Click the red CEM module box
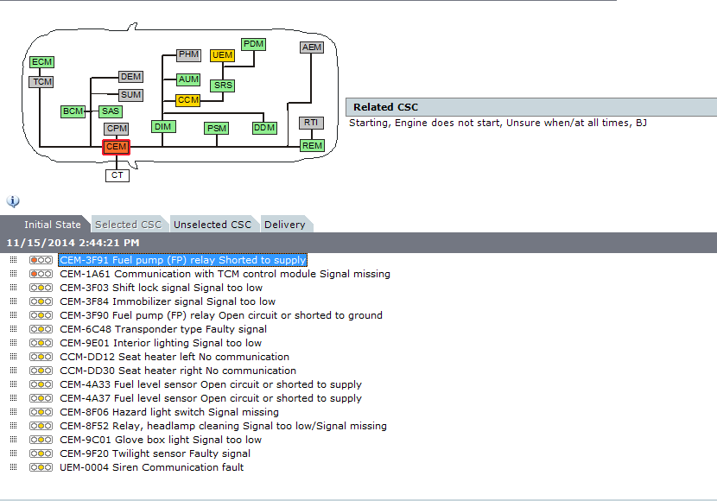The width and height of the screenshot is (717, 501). pyautogui.click(x=116, y=147)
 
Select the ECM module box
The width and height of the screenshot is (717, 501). pyautogui.click(x=41, y=62)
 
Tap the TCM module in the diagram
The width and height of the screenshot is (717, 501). pyautogui.click(x=41, y=82)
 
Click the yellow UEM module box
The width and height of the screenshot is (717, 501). pyautogui.click(x=223, y=55)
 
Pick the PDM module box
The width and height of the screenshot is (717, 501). pyautogui.click(x=254, y=44)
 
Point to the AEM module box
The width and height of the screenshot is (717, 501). pyautogui.click(x=311, y=48)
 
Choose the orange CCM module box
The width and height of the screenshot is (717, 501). pyautogui.click(x=188, y=100)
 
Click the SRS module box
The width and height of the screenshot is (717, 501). pyautogui.click(x=223, y=86)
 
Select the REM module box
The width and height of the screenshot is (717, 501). pyautogui.click(x=312, y=145)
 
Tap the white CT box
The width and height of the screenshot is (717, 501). pyautogui.click(x=117, y=175)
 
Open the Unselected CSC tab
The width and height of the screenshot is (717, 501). pyautogui.click(x=213, y=225)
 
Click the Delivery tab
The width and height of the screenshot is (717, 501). pyautogui.click(x=285, y=225)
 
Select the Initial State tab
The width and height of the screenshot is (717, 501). pyautogui.click(x=53, y=225)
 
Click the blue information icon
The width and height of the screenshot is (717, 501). pyautogui.click(x=13, y=201)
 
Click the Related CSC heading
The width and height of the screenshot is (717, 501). pyautogui.click(x=385, y=107)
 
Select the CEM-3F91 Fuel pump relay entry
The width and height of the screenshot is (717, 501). pyautogui.click(x=182, y=260)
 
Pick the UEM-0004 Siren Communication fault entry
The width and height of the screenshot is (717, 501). pyautogui.click(x=151, y=467)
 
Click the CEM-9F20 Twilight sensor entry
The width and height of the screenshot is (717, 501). pyautogui.click(x=155, y=453)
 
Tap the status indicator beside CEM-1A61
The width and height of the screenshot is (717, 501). pyautogui.click(x=41, y=274)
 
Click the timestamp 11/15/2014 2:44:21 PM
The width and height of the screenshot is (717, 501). pyautogui.click(x=73, y=243)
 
